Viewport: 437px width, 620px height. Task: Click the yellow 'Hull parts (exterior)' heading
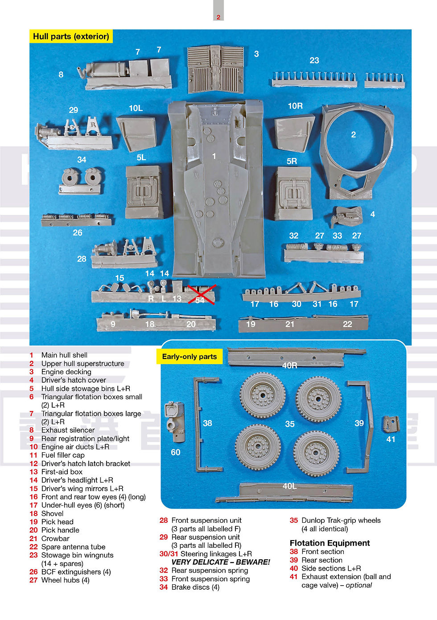coord(71,36)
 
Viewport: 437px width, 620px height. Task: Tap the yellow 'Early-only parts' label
coord(190,356)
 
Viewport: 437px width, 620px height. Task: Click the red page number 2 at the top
coord(218,17)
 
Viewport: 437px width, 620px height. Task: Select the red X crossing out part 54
coord(201,295)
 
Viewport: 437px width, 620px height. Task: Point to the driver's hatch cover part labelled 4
coord(347,216)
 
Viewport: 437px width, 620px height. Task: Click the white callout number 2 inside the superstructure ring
coord(354,135)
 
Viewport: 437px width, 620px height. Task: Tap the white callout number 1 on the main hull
coord(214,157)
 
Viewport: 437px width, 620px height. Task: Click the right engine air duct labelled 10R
coord(294,133)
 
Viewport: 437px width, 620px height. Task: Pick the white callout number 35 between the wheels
coord(290,424)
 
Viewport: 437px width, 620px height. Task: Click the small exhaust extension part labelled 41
coord(391,424)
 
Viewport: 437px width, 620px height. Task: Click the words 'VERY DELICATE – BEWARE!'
coord(221,562)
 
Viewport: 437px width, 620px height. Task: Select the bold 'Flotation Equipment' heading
coord(330,543)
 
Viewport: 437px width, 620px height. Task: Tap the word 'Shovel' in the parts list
coord(52,513)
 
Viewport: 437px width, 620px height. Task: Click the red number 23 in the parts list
coord(33,555)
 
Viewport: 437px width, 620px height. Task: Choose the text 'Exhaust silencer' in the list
coord(68,430)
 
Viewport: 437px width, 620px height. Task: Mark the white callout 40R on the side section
coord(289,365)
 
